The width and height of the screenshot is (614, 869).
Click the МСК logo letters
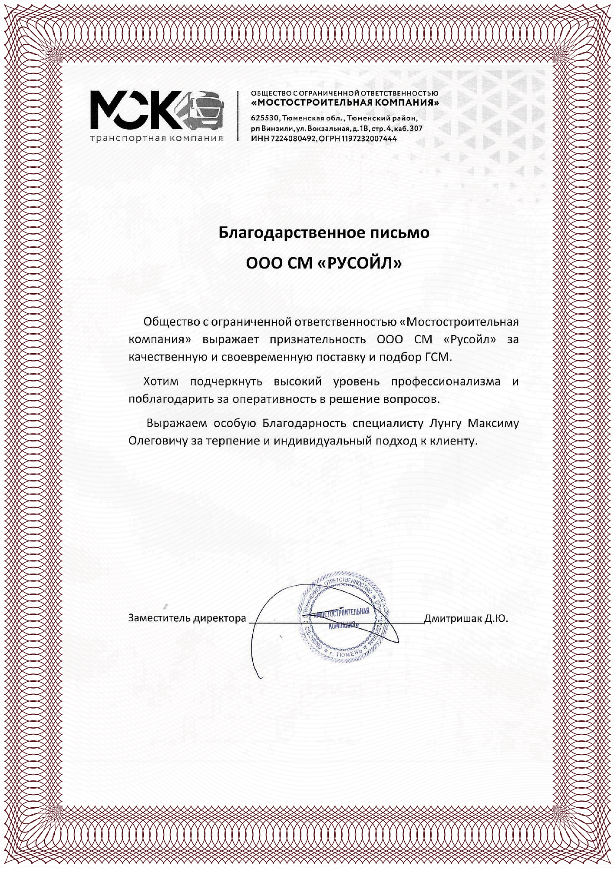(x=137, y=110)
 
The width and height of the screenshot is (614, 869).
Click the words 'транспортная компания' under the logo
(x=157, y=139)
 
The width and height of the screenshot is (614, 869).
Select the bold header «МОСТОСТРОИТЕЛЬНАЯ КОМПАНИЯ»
(x=345, y=103)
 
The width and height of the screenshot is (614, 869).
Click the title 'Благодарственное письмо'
(x=324, y=233)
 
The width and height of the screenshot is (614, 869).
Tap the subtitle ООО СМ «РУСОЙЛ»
(x=324, y=263)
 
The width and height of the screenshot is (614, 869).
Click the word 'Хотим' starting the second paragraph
(x=161, y=381)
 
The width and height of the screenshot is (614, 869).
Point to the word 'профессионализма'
(x=446, y=381)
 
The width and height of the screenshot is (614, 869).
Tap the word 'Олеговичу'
(x=157, y=441)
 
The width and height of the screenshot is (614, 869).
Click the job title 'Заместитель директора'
(x=187, y=618)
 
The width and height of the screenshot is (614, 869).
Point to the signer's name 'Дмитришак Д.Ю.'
(x=465, y=618)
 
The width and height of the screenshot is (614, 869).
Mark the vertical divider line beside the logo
(x=238, y=116)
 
